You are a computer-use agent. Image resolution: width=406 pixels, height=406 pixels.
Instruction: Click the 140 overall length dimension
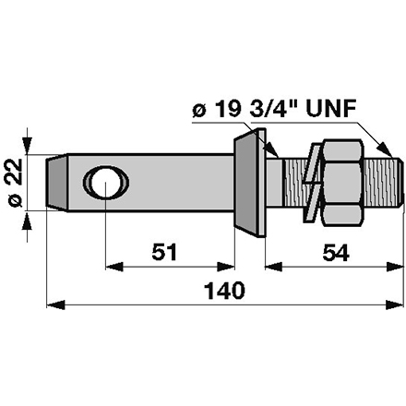tap(225, 291)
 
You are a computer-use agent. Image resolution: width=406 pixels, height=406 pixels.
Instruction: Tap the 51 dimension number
tap(164, 252)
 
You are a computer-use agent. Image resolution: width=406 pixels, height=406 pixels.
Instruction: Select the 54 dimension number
tap(336, 252)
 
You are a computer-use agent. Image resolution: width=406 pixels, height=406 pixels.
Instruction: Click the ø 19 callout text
tap(216, 109)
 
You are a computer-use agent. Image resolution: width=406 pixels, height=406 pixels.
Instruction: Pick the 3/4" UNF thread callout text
tap(303, 109)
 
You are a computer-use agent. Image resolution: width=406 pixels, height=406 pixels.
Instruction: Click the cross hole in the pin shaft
tap(106, 182)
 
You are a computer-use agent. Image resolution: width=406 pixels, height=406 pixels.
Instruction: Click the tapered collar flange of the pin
tap(250, 183)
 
